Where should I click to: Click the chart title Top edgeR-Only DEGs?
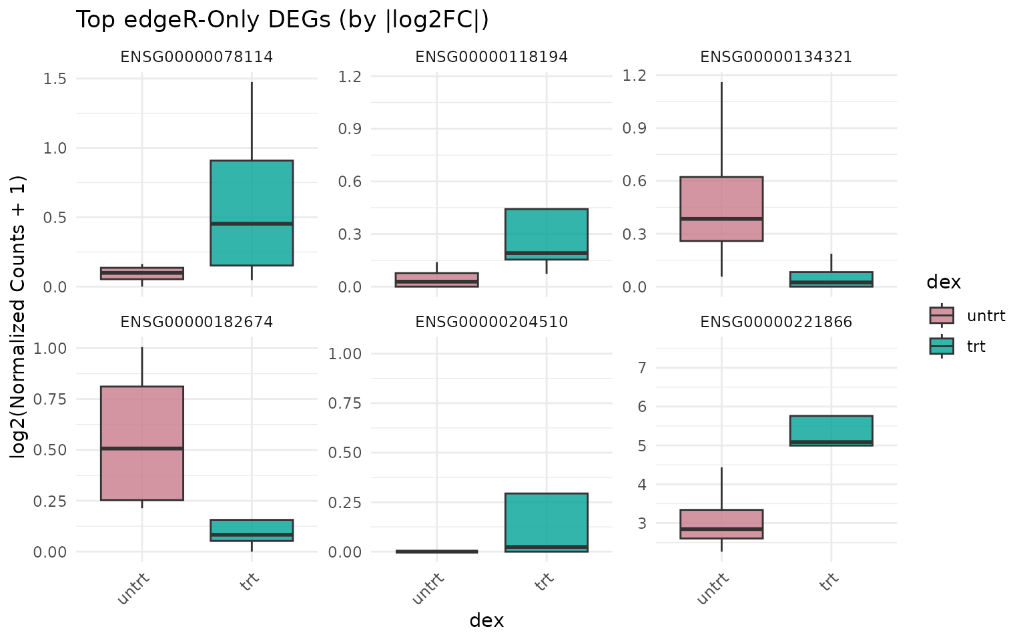[x=282, y=20]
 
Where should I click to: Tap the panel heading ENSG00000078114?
[x=197, y=57]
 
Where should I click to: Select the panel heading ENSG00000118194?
[x=492, y=57]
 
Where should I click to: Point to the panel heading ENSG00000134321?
[x=776, y=57]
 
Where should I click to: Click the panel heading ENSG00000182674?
[x=197, y=323]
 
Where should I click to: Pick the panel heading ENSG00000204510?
[x=492, y=323]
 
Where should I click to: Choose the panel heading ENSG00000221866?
[x=776, y=323]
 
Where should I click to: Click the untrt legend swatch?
[x=942, y=315]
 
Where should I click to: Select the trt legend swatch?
[x=942, y=346]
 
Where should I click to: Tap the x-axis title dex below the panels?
[x=486, y=621]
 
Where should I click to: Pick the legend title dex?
[x=944, y=282]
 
